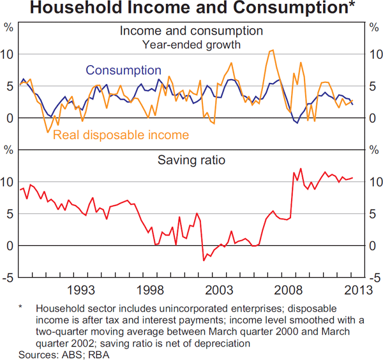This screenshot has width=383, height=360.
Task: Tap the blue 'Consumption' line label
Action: pyautogui.click(x=123, y=70)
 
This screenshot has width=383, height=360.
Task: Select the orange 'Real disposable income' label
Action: pyautogui.click(x=121, y=135)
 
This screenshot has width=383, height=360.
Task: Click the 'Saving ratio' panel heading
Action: pyautogui.click(x=191, y=160)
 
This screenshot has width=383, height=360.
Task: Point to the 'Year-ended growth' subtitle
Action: pyautogui.click(x=191, y=45)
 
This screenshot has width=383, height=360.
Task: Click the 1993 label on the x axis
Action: pyautogui.click(x=84, y=290)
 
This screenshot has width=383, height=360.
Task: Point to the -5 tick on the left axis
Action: pyautogui.click(x=8, y=278)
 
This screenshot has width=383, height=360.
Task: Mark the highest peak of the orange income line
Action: pyautogui.click(x=273, y=50)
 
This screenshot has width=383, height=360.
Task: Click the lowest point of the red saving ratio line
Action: pyautogui.click(x=204, y=260)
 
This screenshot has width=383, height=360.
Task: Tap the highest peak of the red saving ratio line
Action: pyautogui.click(x=301, y=169)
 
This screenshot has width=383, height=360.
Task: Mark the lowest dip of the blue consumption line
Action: pyautogui.click(x=297, y=123)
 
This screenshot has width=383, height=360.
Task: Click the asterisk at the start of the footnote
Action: pyautogui.click(x=20, y=308)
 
